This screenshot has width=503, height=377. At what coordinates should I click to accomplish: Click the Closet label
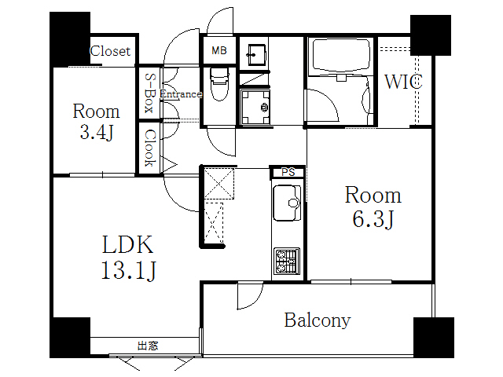click(111, 52)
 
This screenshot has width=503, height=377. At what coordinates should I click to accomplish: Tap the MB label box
click(218, 51)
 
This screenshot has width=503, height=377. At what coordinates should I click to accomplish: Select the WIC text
click(404, 81)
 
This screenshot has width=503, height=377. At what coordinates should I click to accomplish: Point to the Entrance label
click(181, 94)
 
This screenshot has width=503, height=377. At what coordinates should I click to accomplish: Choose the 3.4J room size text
click(97, 132)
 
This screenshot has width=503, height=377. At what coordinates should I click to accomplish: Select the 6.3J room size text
click(372, 218)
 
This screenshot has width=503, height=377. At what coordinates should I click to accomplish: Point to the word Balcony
click(318, 320)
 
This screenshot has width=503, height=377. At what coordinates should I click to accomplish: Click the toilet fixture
click(218, 81)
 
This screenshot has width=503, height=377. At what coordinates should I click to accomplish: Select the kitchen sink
click(288, 203)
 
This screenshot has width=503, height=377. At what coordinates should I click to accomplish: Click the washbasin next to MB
click(255, 54)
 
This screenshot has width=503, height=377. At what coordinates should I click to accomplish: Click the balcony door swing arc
click(250, 297)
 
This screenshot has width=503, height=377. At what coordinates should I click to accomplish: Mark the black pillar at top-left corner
click(70, 36)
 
